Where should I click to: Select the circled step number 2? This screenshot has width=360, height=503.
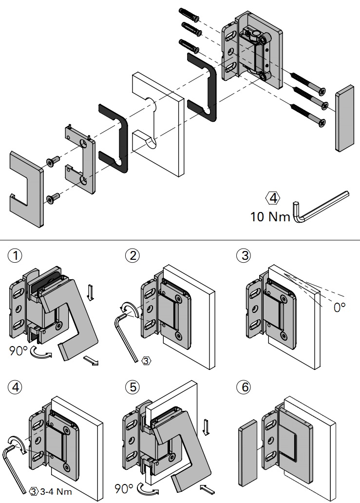[132, 255]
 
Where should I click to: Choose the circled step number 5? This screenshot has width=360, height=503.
[132, 387]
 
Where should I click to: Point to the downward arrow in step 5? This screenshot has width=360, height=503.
[206, 428]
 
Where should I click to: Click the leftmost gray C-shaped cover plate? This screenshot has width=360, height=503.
[26, 188]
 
